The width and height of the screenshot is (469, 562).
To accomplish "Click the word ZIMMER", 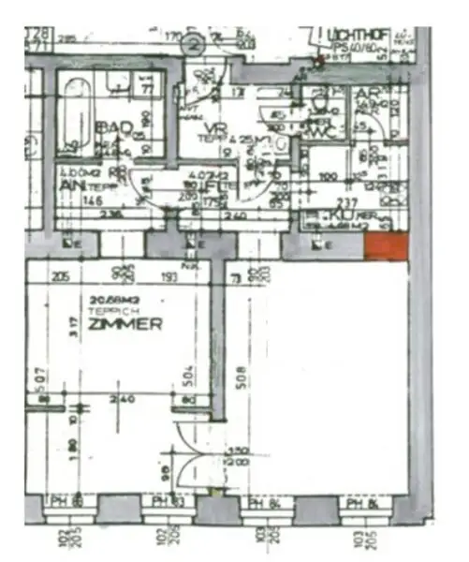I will (126, 324).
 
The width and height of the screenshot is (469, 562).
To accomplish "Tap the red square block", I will (385, 247).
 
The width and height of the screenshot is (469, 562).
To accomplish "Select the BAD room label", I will (112, 127).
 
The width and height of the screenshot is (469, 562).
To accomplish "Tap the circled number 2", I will (194, 43).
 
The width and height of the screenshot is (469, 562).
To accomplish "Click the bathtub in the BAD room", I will (74, 117).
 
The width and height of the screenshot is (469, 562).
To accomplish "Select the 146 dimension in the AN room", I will (91, 199).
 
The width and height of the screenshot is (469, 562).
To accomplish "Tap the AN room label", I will (68, 185).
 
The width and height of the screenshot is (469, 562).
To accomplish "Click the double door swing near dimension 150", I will (194, 459).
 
